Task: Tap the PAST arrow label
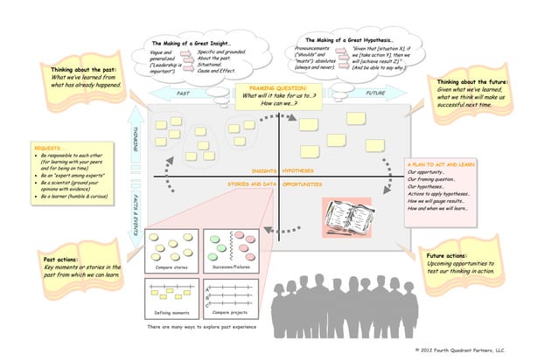click(x=184, y=93)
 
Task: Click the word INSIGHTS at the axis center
click(x=264, y=170)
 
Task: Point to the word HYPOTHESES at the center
click(x=299, y=170)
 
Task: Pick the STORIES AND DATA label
click(x=252, y=184)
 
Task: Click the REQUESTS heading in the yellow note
click(x=47, y=149)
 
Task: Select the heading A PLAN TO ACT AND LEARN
click(x=442, y=163)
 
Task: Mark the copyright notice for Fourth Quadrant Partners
click(x=461, y=349)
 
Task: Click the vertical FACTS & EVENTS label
click(x=136, y=212)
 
